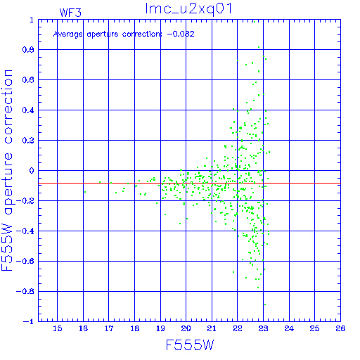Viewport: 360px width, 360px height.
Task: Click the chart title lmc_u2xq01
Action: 188,9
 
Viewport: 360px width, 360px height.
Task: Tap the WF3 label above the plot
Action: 70,13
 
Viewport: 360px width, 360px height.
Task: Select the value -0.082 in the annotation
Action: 181,34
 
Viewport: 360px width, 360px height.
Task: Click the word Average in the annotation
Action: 68,34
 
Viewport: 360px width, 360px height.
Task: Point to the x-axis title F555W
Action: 190,345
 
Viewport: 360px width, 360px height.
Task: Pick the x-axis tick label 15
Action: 58,328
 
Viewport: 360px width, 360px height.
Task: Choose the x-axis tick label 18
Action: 135,328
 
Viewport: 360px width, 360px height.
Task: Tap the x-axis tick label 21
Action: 212,328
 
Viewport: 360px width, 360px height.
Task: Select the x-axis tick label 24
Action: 289,328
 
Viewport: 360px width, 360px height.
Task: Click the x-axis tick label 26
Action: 340,328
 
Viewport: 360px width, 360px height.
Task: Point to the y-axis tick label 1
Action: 32,20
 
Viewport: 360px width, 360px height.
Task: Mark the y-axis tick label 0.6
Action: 28,80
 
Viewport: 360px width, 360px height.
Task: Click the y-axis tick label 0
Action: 32,171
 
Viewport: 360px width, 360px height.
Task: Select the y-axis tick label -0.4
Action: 25,231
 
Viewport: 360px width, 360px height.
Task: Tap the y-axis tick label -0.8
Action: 25,292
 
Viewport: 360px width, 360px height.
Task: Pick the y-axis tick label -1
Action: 29,321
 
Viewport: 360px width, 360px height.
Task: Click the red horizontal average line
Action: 189,183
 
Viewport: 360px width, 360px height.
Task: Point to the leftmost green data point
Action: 85,192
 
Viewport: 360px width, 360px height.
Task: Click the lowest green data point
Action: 265,304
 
